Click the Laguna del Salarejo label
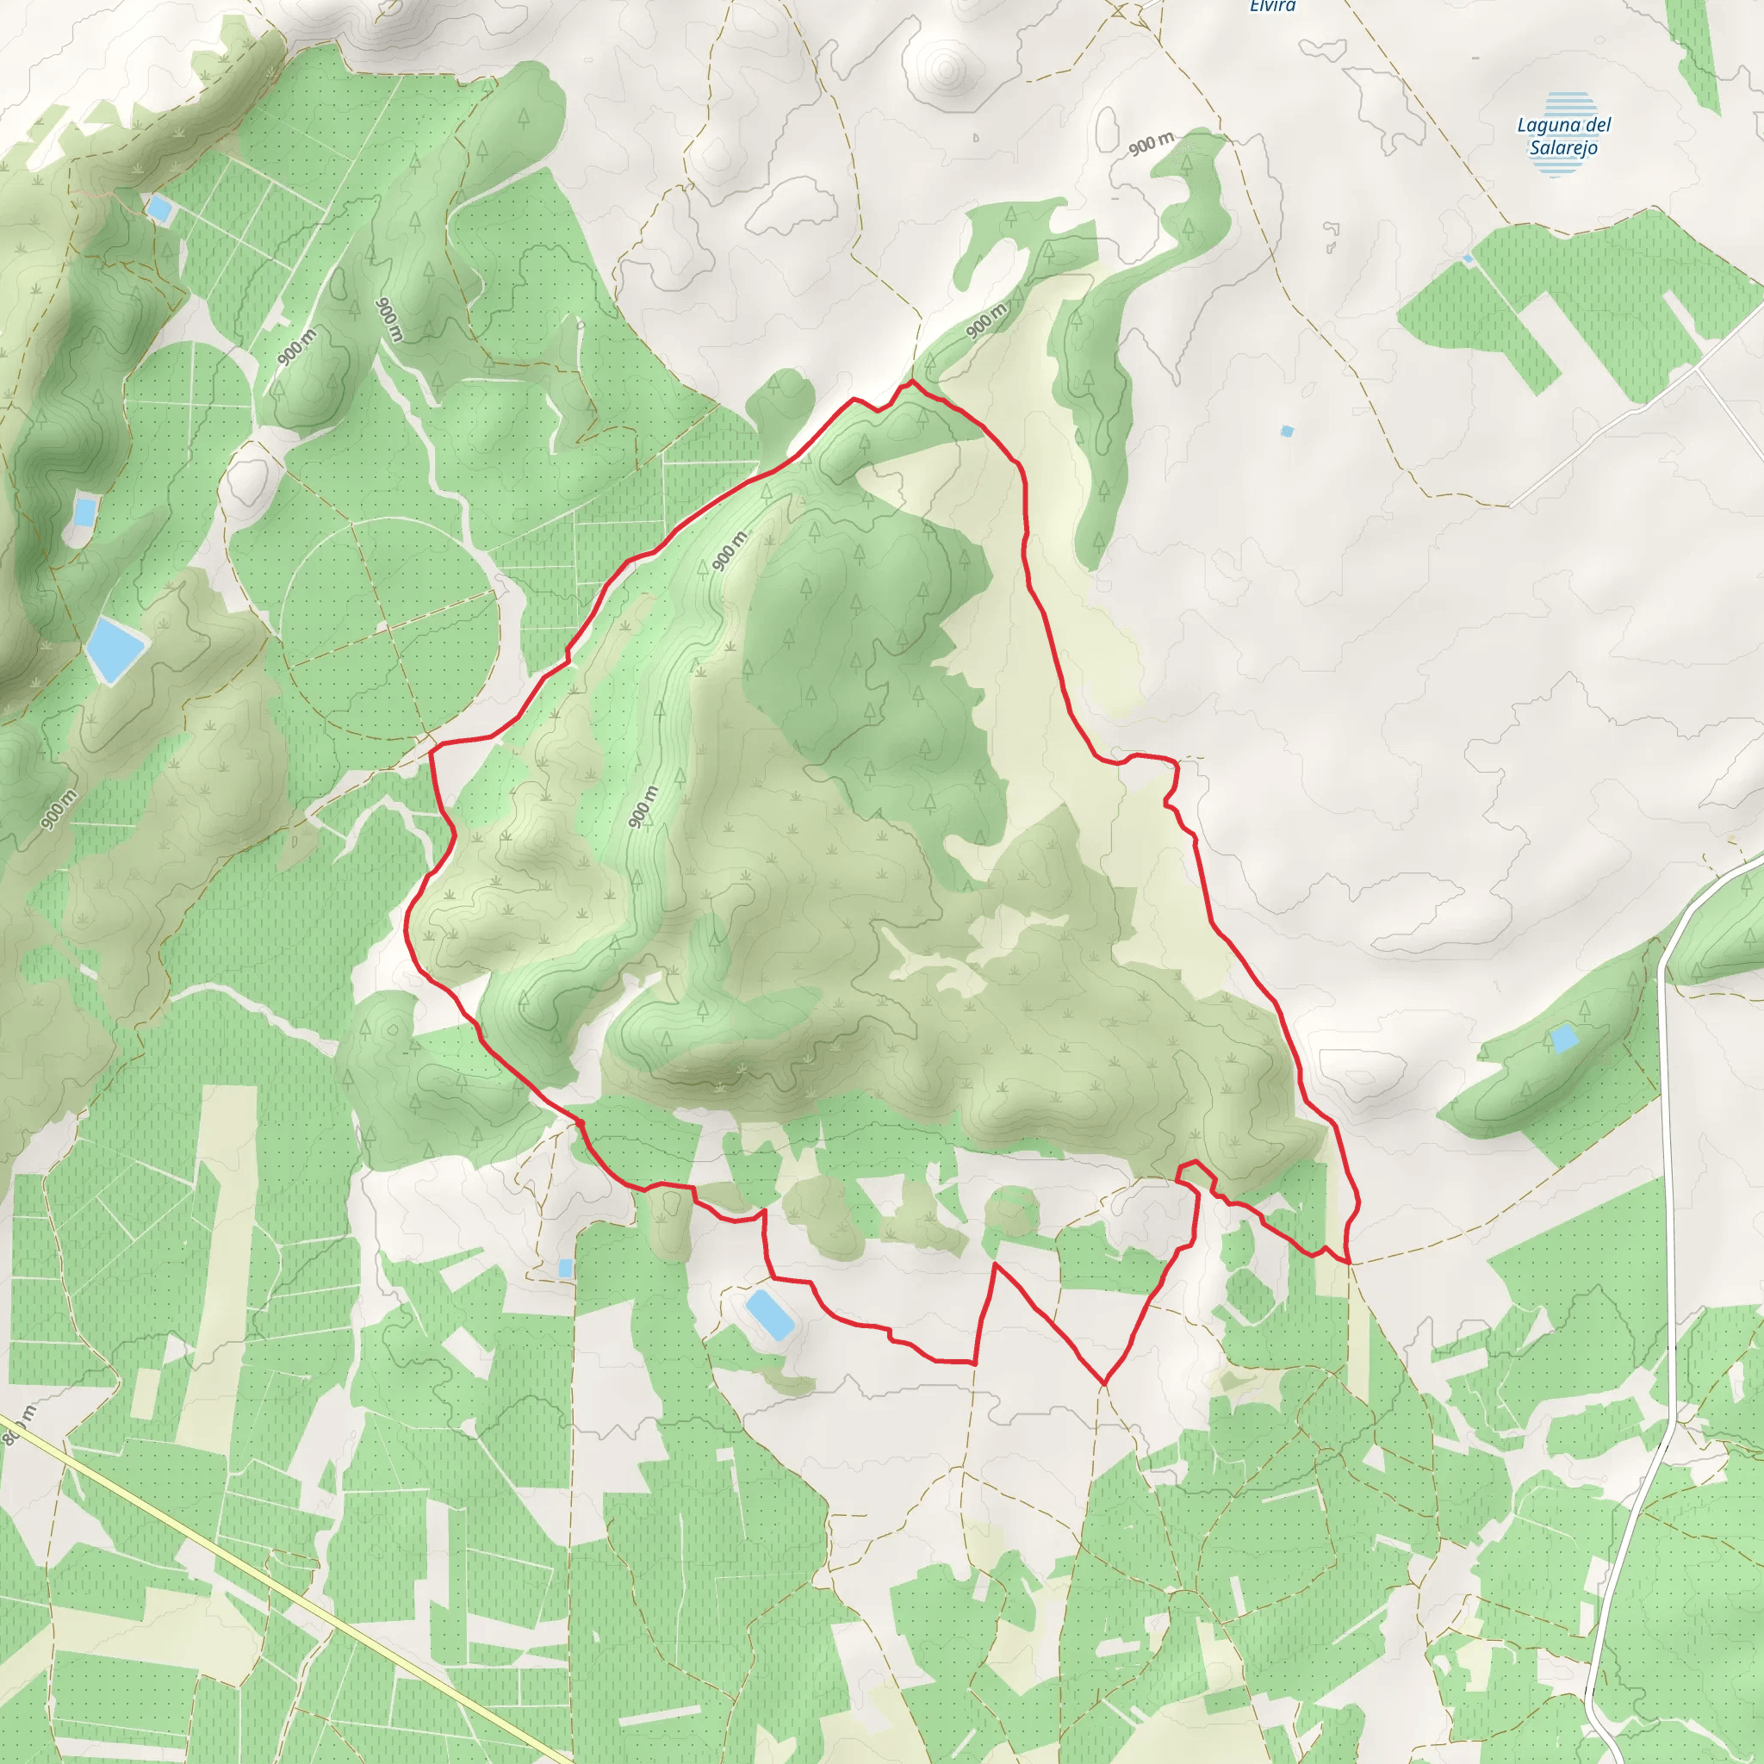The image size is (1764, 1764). click(1564, 136)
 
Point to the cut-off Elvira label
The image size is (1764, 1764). click(1272, 5)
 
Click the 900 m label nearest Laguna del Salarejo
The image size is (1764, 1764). click(1152, 143)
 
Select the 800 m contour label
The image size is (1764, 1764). click(18, 1425)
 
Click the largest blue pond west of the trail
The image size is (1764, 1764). click(115, 649)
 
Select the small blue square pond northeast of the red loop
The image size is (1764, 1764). click(1288, 431)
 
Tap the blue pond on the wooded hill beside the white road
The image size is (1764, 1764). click(1564, 1038)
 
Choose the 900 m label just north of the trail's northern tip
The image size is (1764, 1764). click(986, 320)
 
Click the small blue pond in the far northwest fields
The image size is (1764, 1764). click(160, 209)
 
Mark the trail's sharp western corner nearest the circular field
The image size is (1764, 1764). click(431, 747)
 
